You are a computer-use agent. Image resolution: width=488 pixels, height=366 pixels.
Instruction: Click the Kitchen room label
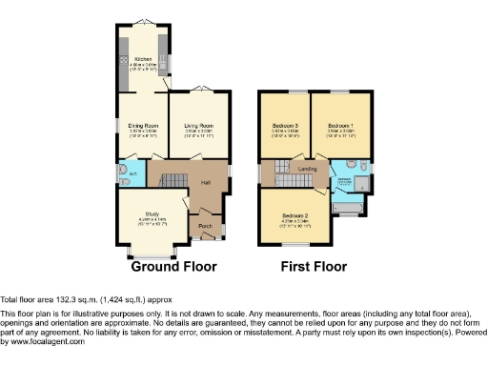point(143,58)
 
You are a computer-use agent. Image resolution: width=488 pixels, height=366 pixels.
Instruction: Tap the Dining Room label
point(143,126)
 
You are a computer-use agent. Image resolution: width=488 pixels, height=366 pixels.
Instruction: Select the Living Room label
point(197,126)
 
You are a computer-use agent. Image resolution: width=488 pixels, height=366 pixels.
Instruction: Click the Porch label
point(205,227)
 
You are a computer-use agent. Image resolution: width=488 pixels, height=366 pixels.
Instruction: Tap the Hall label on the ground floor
point(205,182)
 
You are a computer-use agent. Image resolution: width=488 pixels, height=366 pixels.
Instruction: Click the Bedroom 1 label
point(340,126)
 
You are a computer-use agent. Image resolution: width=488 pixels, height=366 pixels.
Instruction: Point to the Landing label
point(307,169)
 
